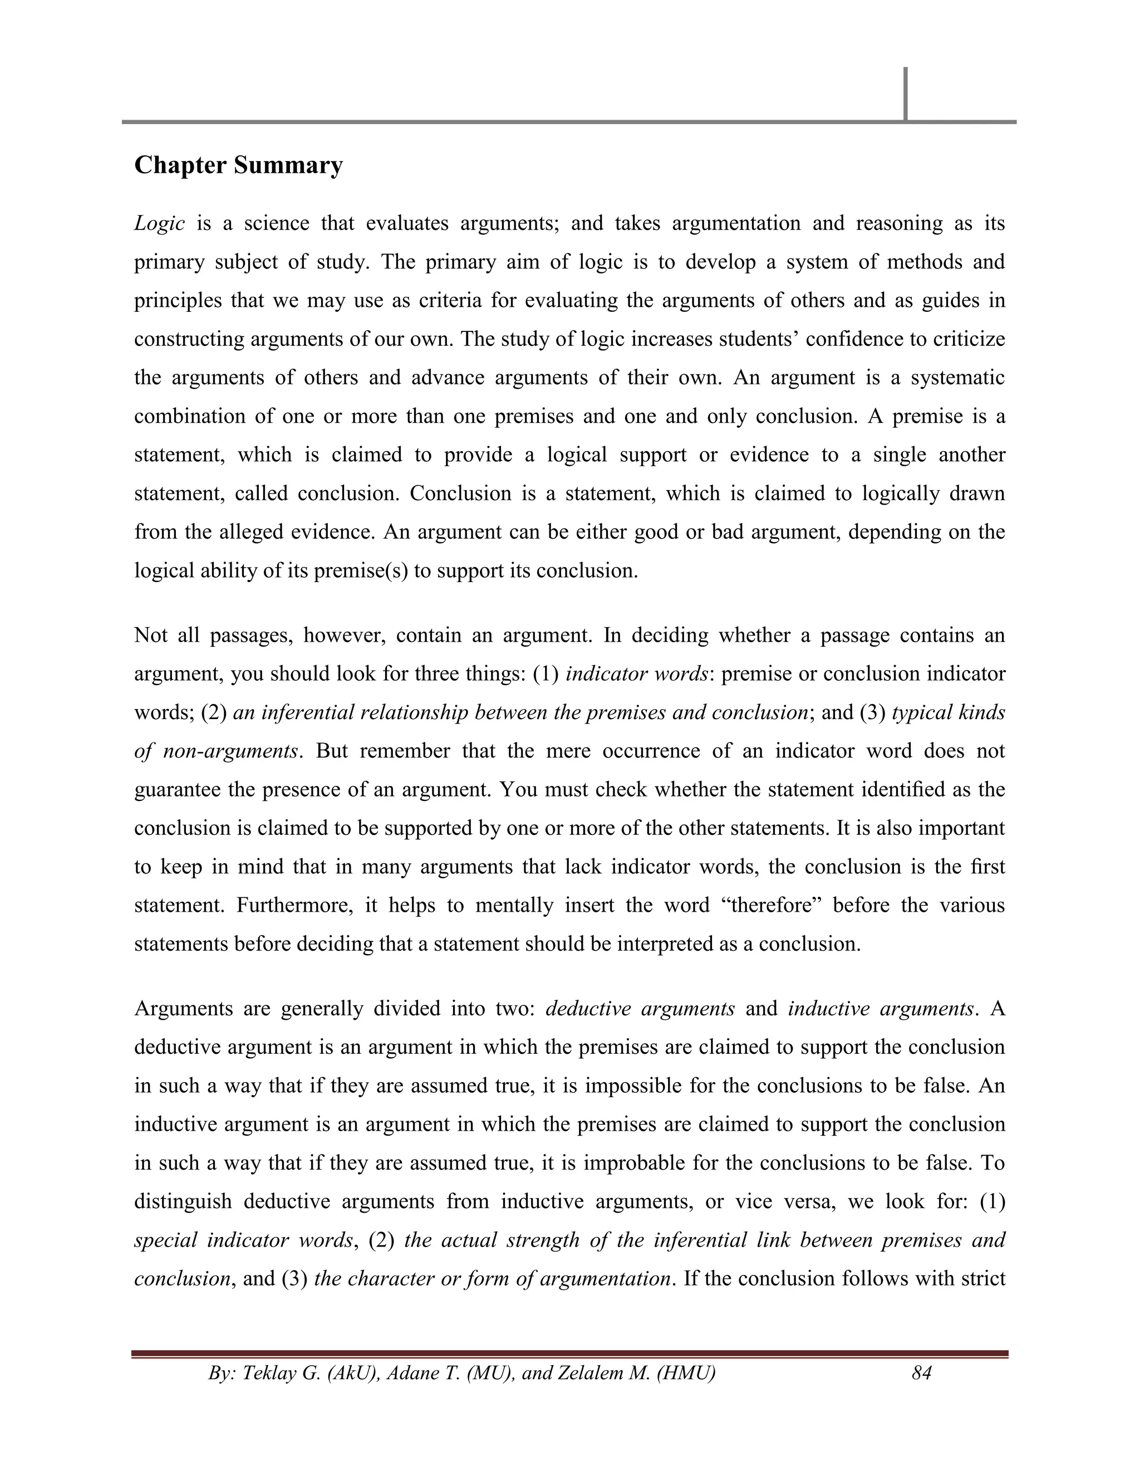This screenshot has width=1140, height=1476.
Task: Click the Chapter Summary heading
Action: pos(238,165)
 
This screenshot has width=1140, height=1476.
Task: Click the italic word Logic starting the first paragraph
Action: pos(159,224)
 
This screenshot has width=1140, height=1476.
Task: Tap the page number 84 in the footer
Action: pos(921,1372)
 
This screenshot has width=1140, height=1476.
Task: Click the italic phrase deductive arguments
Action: pos(640,1009)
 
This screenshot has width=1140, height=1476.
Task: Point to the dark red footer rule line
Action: pos(569,1355)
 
